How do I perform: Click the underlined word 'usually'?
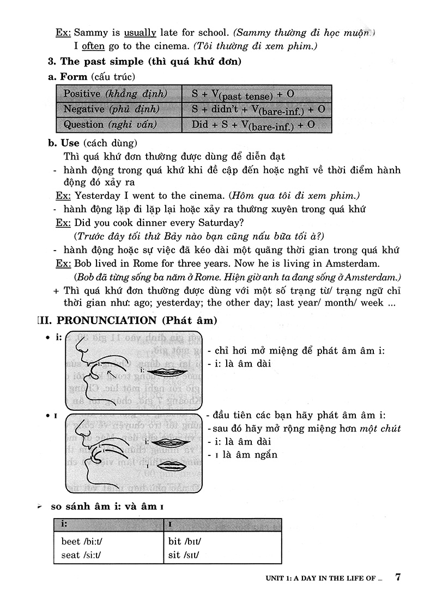pyautogui.click(x=141, y=33)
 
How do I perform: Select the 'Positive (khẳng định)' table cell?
pyautogui.click(x=115, y=94)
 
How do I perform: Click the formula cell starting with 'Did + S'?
pyautogui.click(x=253, y=125)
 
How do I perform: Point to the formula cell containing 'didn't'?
pyautogui.click(x=258, y=109)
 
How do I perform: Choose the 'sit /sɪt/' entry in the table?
pyautogui.click(x=184, y=556)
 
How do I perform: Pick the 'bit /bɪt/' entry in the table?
pyautogui.click(x=184, y=542)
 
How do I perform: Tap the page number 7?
pyautogui.click(x=398, y=577)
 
